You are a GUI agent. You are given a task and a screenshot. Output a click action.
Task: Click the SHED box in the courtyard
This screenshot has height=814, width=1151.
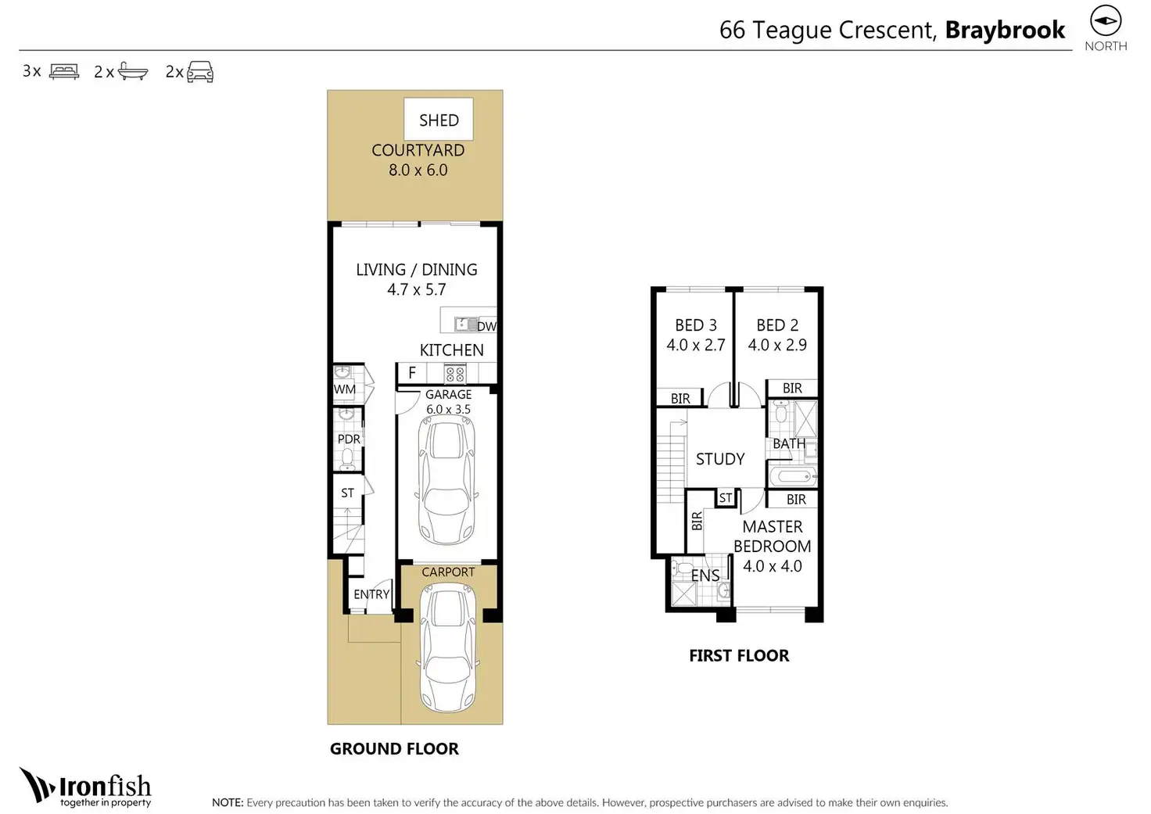point(439,119)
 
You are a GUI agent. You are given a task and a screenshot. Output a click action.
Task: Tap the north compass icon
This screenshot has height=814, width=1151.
point(1106,21)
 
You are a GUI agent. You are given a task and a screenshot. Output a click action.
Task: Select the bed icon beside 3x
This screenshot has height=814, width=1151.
point(64,71)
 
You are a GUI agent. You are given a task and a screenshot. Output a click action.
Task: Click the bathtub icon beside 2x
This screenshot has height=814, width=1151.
point(133,71)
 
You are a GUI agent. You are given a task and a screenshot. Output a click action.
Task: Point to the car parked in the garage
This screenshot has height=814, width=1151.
point(447,480)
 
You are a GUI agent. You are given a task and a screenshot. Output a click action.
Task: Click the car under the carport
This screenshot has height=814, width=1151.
point(448,647)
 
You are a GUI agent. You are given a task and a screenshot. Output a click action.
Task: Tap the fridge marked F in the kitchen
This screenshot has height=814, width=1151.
point(412,373)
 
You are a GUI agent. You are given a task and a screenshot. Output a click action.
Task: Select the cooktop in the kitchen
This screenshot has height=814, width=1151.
point(455,374)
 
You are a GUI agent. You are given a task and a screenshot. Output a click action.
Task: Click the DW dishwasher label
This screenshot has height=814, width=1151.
point(486,326)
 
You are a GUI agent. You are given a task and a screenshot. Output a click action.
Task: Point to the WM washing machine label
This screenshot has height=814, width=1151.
point(344,389)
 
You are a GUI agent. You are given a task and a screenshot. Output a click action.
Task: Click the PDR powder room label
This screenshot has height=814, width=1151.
point(349,439)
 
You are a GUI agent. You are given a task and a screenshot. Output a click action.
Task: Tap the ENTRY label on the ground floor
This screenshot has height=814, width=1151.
point(371,594)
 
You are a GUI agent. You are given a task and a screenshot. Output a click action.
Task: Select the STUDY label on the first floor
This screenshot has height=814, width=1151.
point(720,459)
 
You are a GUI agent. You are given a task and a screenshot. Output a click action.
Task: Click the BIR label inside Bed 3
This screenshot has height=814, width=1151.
point(680,398)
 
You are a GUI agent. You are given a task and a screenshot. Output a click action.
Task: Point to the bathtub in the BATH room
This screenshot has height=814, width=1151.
point(793,477)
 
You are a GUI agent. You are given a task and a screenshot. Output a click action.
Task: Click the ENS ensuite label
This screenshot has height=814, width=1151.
point(705,576)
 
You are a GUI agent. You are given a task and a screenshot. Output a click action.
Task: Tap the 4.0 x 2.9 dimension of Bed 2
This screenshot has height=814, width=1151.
point(777,345)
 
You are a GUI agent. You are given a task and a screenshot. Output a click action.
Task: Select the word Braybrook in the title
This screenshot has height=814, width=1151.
point(1005,30)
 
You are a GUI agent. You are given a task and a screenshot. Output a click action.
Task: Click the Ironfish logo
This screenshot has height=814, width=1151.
point(85,787)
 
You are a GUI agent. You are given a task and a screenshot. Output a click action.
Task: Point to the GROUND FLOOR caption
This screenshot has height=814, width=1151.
point(394,749)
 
